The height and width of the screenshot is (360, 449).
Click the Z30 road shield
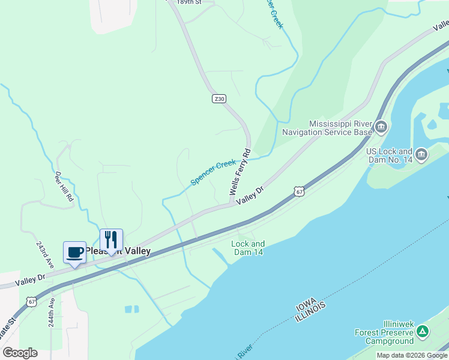(218, 98)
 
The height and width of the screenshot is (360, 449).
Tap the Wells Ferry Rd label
(239, 172)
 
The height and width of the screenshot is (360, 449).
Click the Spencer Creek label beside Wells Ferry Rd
(213, 172)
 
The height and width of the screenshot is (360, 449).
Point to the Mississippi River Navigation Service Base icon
(382, 127)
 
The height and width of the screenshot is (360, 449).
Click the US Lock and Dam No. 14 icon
(421, 155)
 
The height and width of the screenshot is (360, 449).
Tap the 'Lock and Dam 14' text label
(248, 248)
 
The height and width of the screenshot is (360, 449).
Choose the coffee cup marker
(75, 252)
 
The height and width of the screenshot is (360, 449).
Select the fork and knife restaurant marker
(111, 239)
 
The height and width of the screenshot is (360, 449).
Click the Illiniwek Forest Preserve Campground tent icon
(423, 331)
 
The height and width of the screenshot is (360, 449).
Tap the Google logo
(20, 353)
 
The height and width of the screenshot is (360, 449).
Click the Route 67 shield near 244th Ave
(32, 299)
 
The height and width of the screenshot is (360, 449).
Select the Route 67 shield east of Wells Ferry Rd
(300, 191)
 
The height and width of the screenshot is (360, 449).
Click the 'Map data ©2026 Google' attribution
(412, 355)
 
